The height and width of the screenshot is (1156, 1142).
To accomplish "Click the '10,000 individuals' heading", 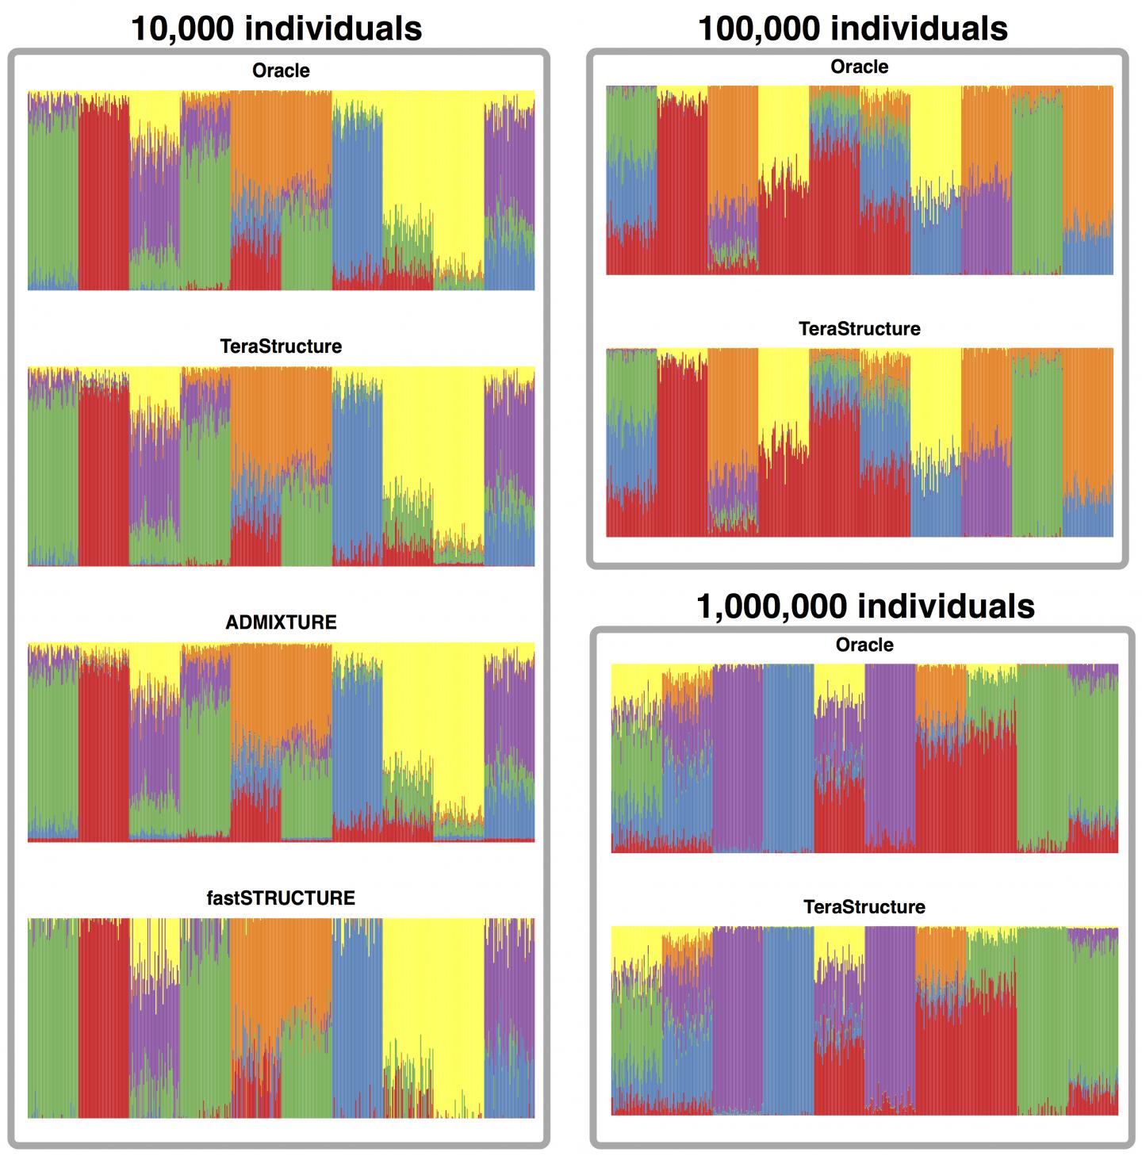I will [x=276, y=29].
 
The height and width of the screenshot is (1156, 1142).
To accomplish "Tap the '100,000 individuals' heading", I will [x=853, y=29].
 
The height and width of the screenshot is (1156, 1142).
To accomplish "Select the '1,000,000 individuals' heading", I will [x=865, y=607].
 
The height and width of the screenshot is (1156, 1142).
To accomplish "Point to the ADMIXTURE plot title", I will [x=281, y=622].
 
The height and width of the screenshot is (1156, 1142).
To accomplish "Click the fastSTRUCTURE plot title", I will [x=281, y=898].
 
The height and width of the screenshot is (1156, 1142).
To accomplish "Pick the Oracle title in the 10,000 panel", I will [x=281, y=71].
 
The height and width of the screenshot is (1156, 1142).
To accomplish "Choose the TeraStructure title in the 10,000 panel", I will [x=281, y=346].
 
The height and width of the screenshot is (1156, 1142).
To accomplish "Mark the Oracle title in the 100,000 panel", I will [x=859, y=67].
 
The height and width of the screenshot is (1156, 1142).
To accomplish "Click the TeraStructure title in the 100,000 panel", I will [x=859, y=329].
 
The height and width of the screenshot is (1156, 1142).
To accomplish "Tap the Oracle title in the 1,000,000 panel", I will [x=864, y=645].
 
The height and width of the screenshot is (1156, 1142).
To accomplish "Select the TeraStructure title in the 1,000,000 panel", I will [x=864, y=907].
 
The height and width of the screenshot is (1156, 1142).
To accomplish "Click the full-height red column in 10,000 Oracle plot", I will [x=103, y=198].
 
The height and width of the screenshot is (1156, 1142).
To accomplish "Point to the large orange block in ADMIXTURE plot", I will [x=282, y=690].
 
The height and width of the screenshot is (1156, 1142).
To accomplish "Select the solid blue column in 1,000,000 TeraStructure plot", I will [x=788, y=1023].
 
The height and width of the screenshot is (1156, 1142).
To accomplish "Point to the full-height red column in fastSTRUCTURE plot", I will [x=103, y=1023].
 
